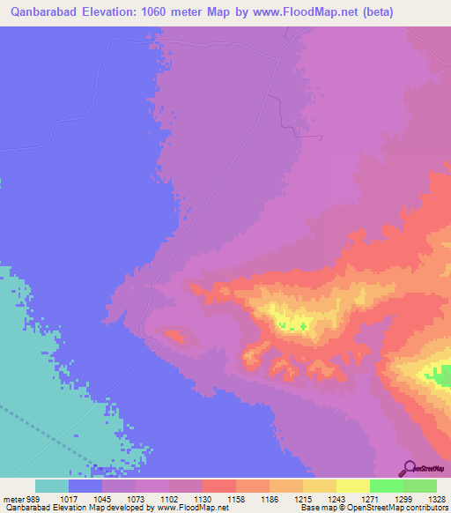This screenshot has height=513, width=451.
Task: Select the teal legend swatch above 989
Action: click(52, 486)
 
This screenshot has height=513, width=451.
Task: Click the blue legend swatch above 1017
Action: click(85, 486)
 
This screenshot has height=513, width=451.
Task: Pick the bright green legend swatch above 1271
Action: click(386, 486)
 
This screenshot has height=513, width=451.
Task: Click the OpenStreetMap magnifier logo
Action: click(410, 468)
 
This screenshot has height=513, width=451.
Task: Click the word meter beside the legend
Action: click(12, 498)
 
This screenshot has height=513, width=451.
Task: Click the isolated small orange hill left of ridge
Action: click(174, 335)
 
